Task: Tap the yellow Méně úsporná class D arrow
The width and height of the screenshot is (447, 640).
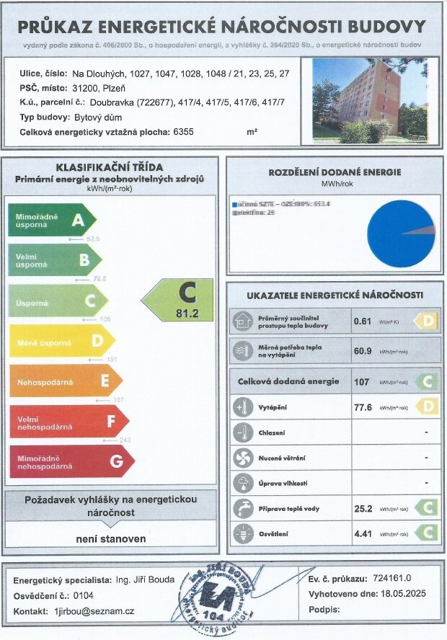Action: pos(62,341)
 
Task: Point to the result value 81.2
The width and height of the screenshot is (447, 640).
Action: pos(187,313)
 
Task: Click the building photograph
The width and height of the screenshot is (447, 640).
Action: pos(369,100)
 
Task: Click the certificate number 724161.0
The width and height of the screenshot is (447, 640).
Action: pos(391,579)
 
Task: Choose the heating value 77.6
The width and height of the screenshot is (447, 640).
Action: pos(365,407)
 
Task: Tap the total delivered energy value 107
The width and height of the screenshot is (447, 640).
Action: pos(361,382)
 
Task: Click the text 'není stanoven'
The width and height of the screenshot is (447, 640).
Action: pos(111,539)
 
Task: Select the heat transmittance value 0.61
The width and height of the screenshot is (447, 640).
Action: pos(362,321)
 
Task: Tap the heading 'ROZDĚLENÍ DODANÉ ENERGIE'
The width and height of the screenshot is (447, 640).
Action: pos(335,172)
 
